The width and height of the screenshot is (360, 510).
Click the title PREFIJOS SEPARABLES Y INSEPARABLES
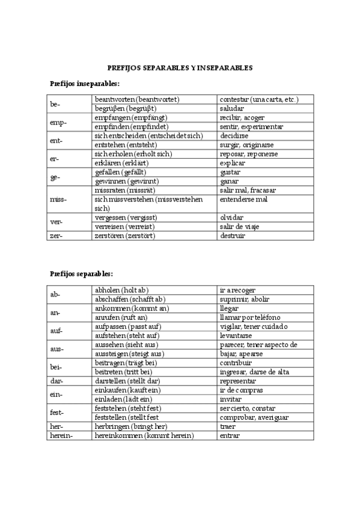pyautogui.click(x=180, y=68)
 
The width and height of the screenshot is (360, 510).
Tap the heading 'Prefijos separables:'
pyautogui.click(x=81, y=274)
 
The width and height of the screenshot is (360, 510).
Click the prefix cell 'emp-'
pyautogui.click(x=58, y=122)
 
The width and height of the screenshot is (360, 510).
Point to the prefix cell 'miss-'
pyautogui.click(x=58, y=199)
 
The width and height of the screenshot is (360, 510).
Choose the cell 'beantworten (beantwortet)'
pyautogui.click(x=138, y=99)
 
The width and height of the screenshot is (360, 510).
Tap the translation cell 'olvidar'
pyautogui.click(x=232, y=217)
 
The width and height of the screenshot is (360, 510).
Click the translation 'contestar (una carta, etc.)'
pyautogui.click(x=259, y=99)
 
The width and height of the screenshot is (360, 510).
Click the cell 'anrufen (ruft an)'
pyautogui.click(x=121, y=317)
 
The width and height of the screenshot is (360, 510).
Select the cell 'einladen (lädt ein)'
pyautogui.click(x=123, y=399)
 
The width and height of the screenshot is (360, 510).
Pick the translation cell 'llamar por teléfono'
pyautogui.click(x=250, y=317)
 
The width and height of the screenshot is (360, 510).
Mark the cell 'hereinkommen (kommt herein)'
pyautogui.click(x=144, y=435)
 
